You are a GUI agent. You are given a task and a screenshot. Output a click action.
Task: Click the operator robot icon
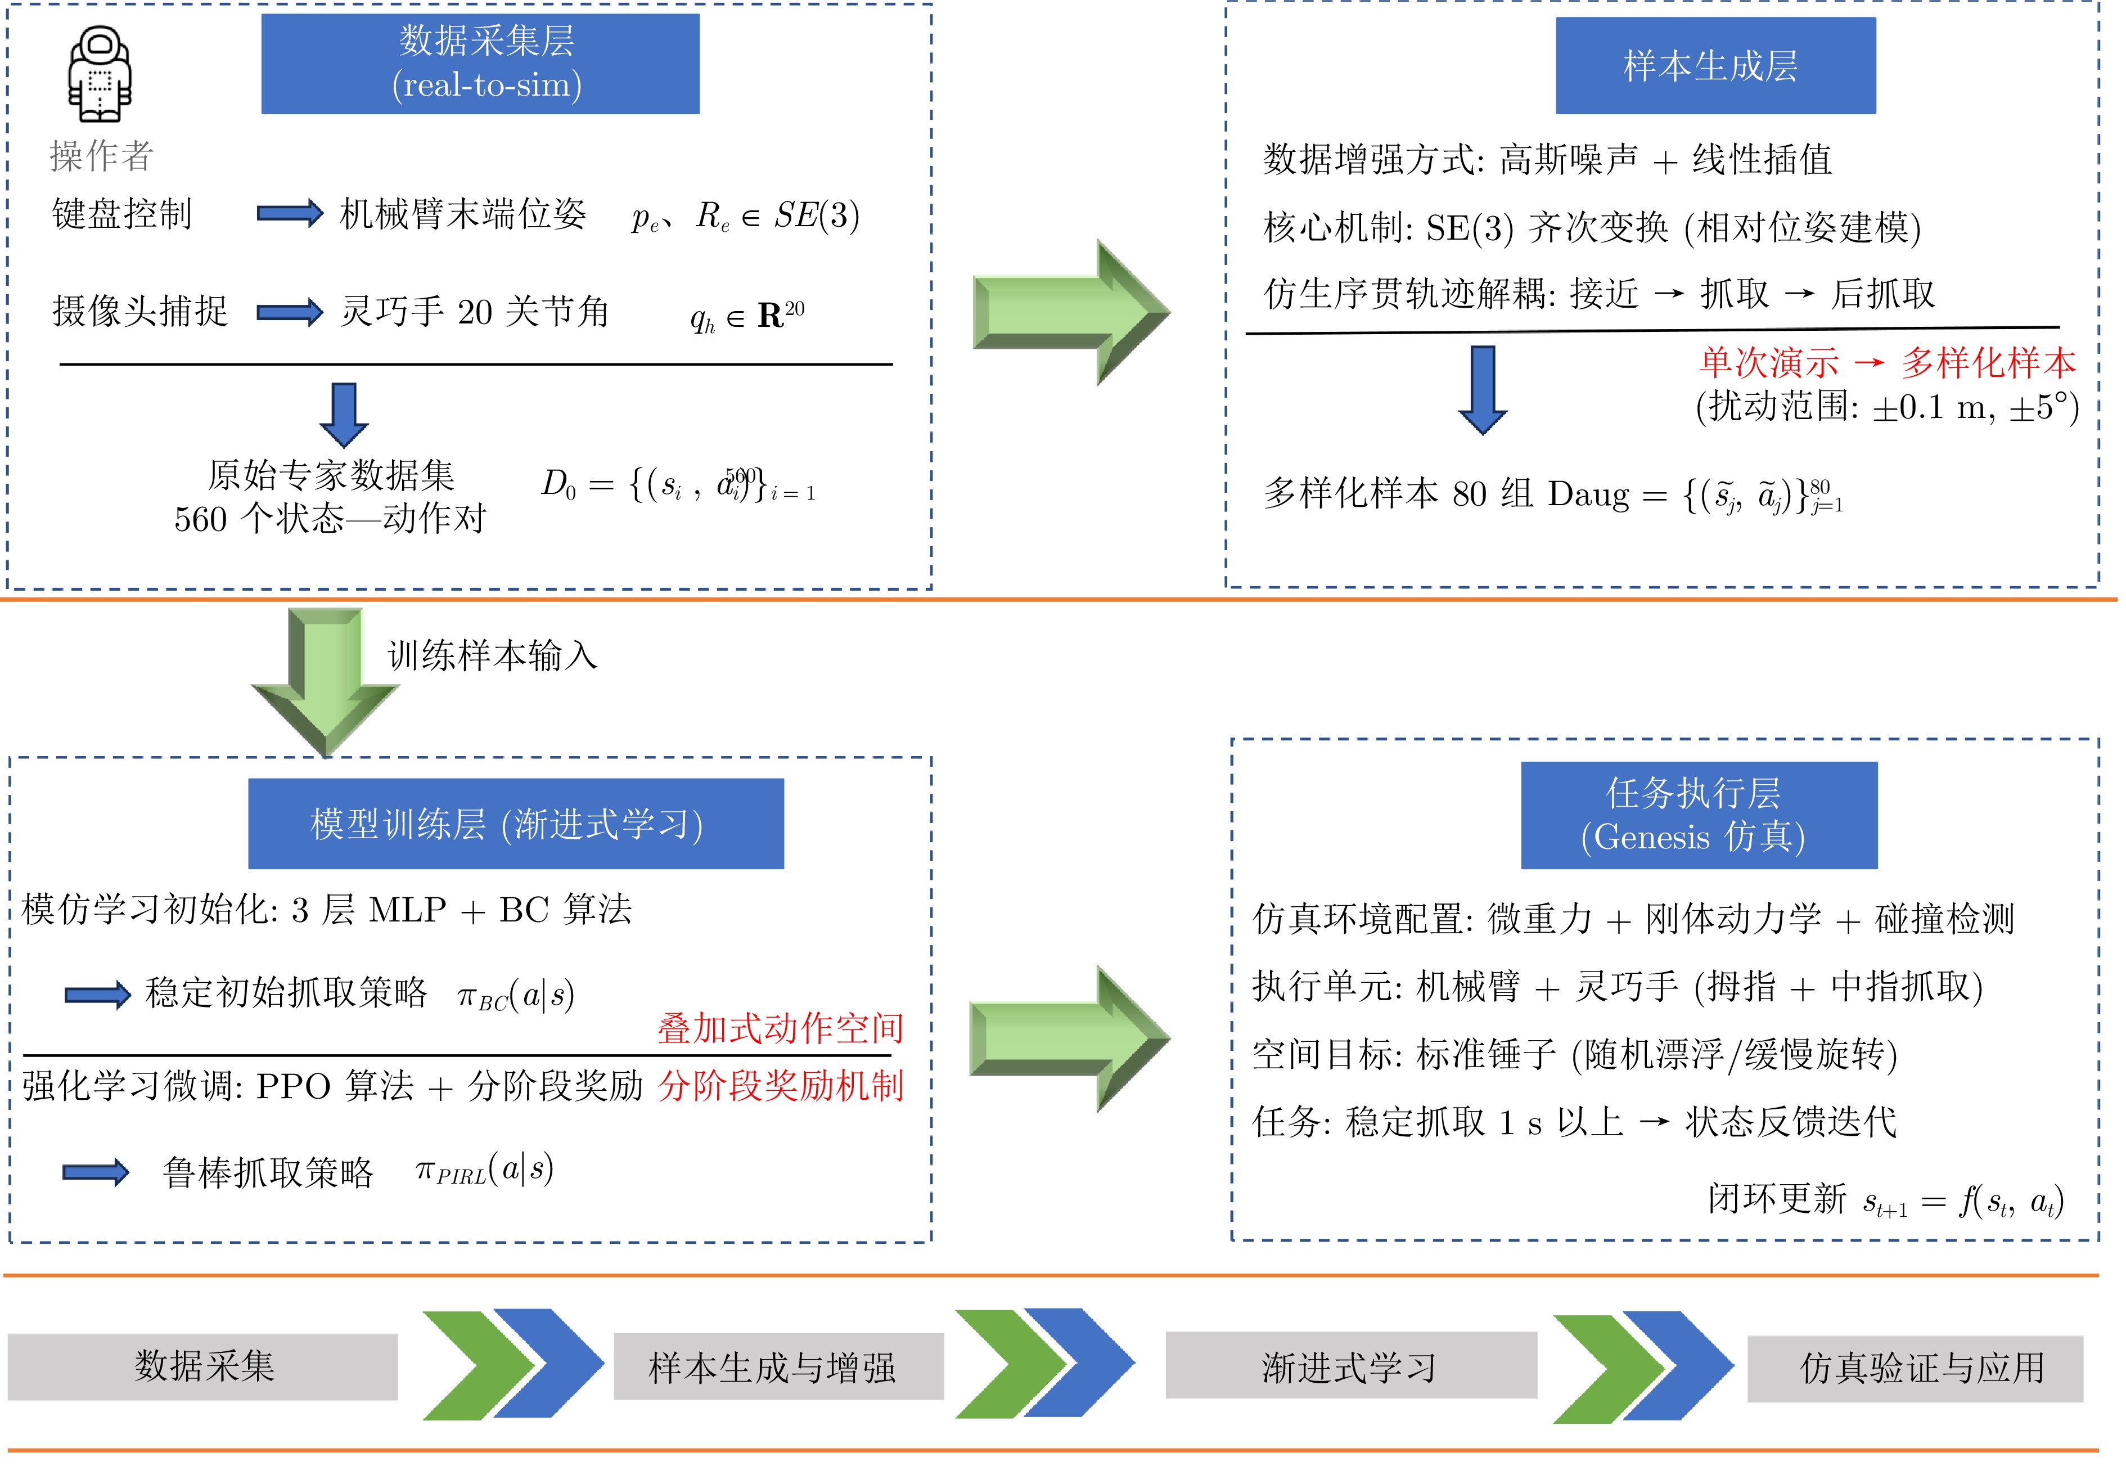99,74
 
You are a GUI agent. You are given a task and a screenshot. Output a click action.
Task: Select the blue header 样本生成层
1714,65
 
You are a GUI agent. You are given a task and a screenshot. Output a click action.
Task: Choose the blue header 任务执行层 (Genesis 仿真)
1698,815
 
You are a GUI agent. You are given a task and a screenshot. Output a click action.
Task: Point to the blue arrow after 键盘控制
289,214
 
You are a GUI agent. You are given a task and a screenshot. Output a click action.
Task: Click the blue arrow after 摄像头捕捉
289,312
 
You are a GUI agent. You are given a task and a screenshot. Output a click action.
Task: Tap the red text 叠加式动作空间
781,1028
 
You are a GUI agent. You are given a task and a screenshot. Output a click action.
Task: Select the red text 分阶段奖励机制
781,1086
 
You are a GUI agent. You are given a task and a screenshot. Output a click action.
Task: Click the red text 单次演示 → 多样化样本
1886,363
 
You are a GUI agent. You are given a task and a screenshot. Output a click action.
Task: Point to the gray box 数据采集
203,1367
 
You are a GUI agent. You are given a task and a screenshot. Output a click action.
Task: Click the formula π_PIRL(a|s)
485,1170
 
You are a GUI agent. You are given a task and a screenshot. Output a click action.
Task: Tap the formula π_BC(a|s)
516,995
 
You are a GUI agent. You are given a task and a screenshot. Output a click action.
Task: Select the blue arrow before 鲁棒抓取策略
96,1172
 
